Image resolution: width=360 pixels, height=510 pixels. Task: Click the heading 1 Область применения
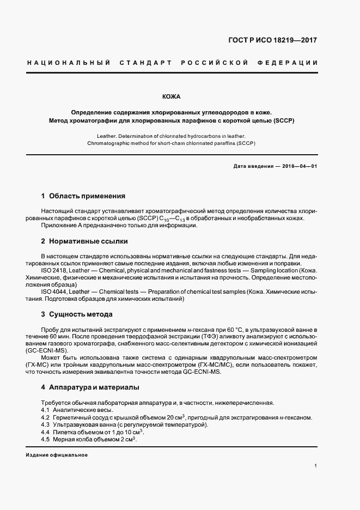[83, 196]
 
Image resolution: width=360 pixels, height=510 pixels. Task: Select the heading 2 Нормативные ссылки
[84, 241]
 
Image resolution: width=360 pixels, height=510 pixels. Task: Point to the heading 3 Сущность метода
[77, 314]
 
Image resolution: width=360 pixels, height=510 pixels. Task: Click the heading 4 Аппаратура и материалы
[90, 387]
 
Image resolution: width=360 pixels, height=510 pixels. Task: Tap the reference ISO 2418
[53, 270]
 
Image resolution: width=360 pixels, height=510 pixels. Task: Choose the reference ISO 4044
[53, 292]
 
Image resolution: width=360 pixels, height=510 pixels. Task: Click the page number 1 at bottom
[316, 466]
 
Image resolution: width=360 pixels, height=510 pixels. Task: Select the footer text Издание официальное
[57, 455]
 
